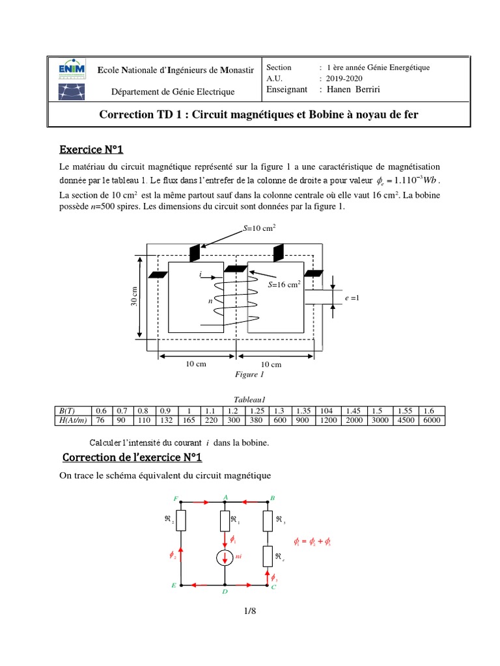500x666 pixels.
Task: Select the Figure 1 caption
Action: tap(249, 375)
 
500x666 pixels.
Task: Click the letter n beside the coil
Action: tap(210, 302)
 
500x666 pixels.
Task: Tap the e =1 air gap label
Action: tap(351, 298)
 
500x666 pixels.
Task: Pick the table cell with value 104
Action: tap(326, 410)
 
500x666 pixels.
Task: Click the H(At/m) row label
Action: tap(73, 420)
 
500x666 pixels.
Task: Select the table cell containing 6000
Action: tap(431, 420)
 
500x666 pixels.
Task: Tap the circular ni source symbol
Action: tap(225, 559)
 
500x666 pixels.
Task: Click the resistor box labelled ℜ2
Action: tap(181, 520)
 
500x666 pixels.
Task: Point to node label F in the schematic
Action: tap(176, 498)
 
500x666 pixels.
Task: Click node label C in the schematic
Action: tap(273, 587)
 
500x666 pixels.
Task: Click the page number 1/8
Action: tap(250, 611)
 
